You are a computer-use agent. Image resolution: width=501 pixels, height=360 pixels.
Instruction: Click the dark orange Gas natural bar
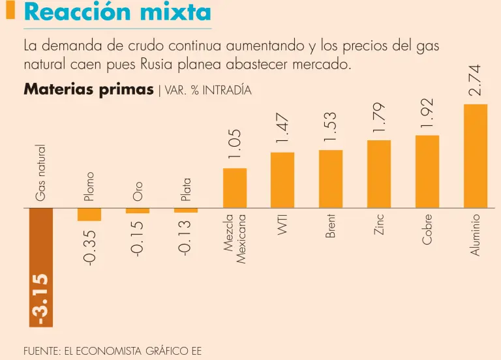[41, 267]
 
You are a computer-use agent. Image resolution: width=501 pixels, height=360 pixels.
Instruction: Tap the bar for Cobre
[427, 171]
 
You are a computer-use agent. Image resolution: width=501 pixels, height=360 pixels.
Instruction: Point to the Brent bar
[331, 179]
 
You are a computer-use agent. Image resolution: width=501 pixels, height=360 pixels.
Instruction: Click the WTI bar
[282, 180]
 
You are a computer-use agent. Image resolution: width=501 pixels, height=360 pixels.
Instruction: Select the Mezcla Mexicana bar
[235, 188]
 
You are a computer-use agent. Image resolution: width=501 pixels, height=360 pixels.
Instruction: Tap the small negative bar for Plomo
[89, 215]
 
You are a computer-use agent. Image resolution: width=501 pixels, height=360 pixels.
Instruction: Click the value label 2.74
[475, 80]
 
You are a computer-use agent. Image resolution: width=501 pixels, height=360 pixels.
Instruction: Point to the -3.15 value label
[42, 299]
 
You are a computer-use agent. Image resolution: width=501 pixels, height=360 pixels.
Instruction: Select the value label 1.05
[235, 144]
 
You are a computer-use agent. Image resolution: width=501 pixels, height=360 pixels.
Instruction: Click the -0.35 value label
[90, 247]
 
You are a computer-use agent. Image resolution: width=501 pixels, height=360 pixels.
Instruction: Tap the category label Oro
[138, 190]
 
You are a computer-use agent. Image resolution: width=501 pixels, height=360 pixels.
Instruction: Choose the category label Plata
[186, 190]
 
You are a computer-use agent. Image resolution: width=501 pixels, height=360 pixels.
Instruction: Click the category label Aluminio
[476, 234]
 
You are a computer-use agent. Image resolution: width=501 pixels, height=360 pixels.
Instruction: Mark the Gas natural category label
[41, 173]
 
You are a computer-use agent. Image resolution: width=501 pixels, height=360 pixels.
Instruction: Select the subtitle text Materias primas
[89, 90]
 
